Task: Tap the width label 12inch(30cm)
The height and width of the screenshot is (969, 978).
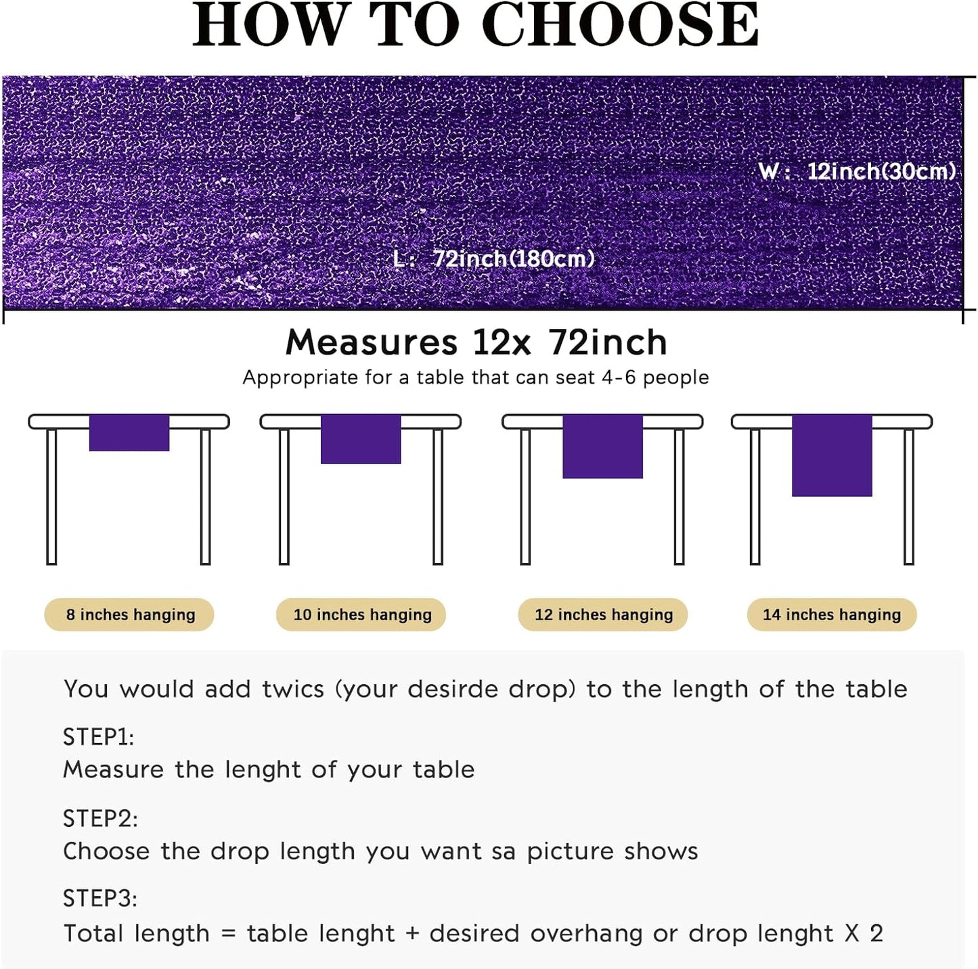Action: point(881,171)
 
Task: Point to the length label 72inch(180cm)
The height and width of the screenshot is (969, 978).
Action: point(513,258)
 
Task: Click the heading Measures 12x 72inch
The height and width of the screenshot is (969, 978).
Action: point(476,342)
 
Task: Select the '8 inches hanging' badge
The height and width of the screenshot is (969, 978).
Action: point(130,614)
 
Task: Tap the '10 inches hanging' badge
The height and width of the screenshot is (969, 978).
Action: point(361,614)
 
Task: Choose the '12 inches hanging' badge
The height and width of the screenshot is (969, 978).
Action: point(603,614)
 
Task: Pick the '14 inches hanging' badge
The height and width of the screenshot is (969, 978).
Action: point(832,614)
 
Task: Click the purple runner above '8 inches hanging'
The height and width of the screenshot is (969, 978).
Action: point(129,432)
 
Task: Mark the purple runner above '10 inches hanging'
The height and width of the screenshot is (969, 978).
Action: point(361,439)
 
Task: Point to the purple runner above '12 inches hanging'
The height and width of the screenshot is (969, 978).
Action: point(602,447)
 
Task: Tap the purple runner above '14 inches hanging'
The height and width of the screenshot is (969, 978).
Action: point(832,455)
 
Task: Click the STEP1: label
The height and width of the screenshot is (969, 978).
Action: point(99,737)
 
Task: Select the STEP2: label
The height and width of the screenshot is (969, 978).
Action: point(100,819)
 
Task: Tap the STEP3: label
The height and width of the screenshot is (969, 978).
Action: point(100,899)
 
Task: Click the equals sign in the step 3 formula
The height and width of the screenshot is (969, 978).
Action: point(228,934)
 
